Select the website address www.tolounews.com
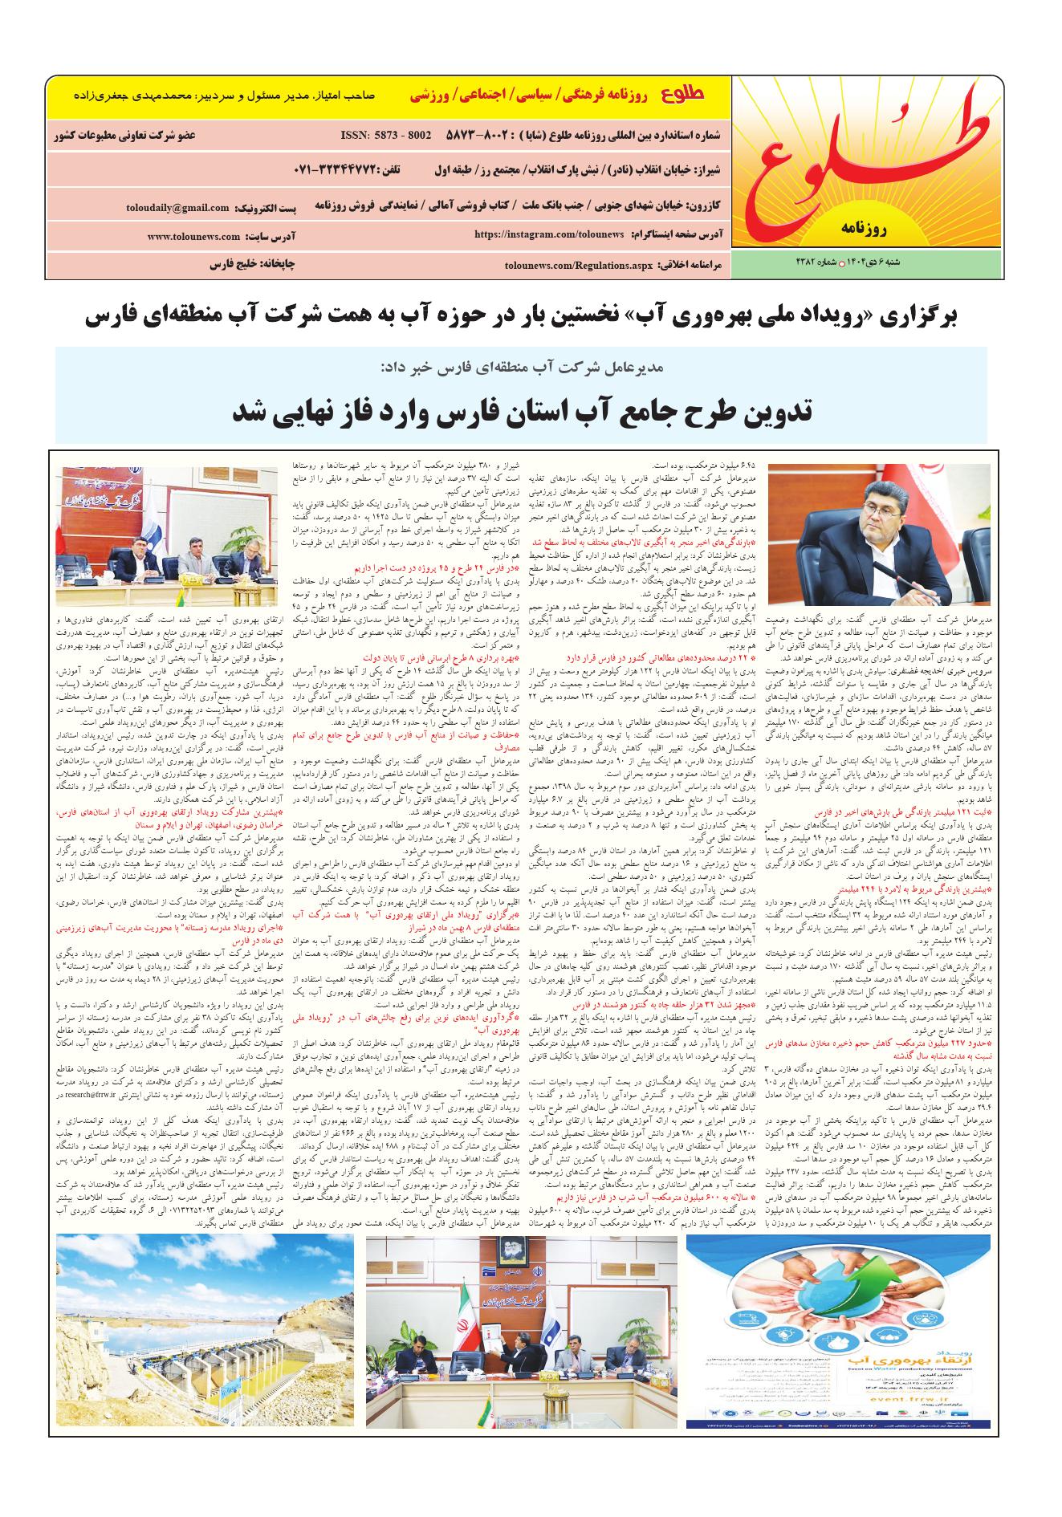[x=193, y=237]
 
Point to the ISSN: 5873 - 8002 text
[x=386, y=135]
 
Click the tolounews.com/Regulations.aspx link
[x=572, y=264]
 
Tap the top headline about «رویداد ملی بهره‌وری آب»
[x=521, y=317]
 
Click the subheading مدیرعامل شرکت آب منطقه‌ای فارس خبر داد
[x=521, y=367]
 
